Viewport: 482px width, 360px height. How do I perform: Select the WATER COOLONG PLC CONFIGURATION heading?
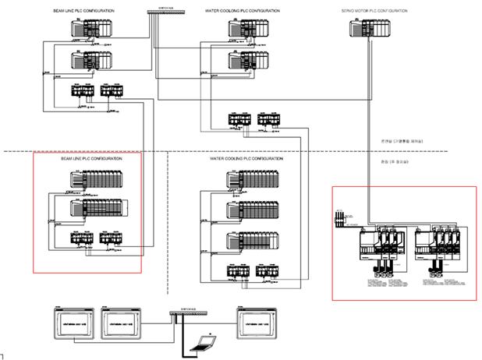click(x=241, y=12)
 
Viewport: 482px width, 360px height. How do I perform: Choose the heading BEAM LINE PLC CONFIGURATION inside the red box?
click(x=91, y=159)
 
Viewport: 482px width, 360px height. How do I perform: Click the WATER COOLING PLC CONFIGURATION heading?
click(x=246, y=159)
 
